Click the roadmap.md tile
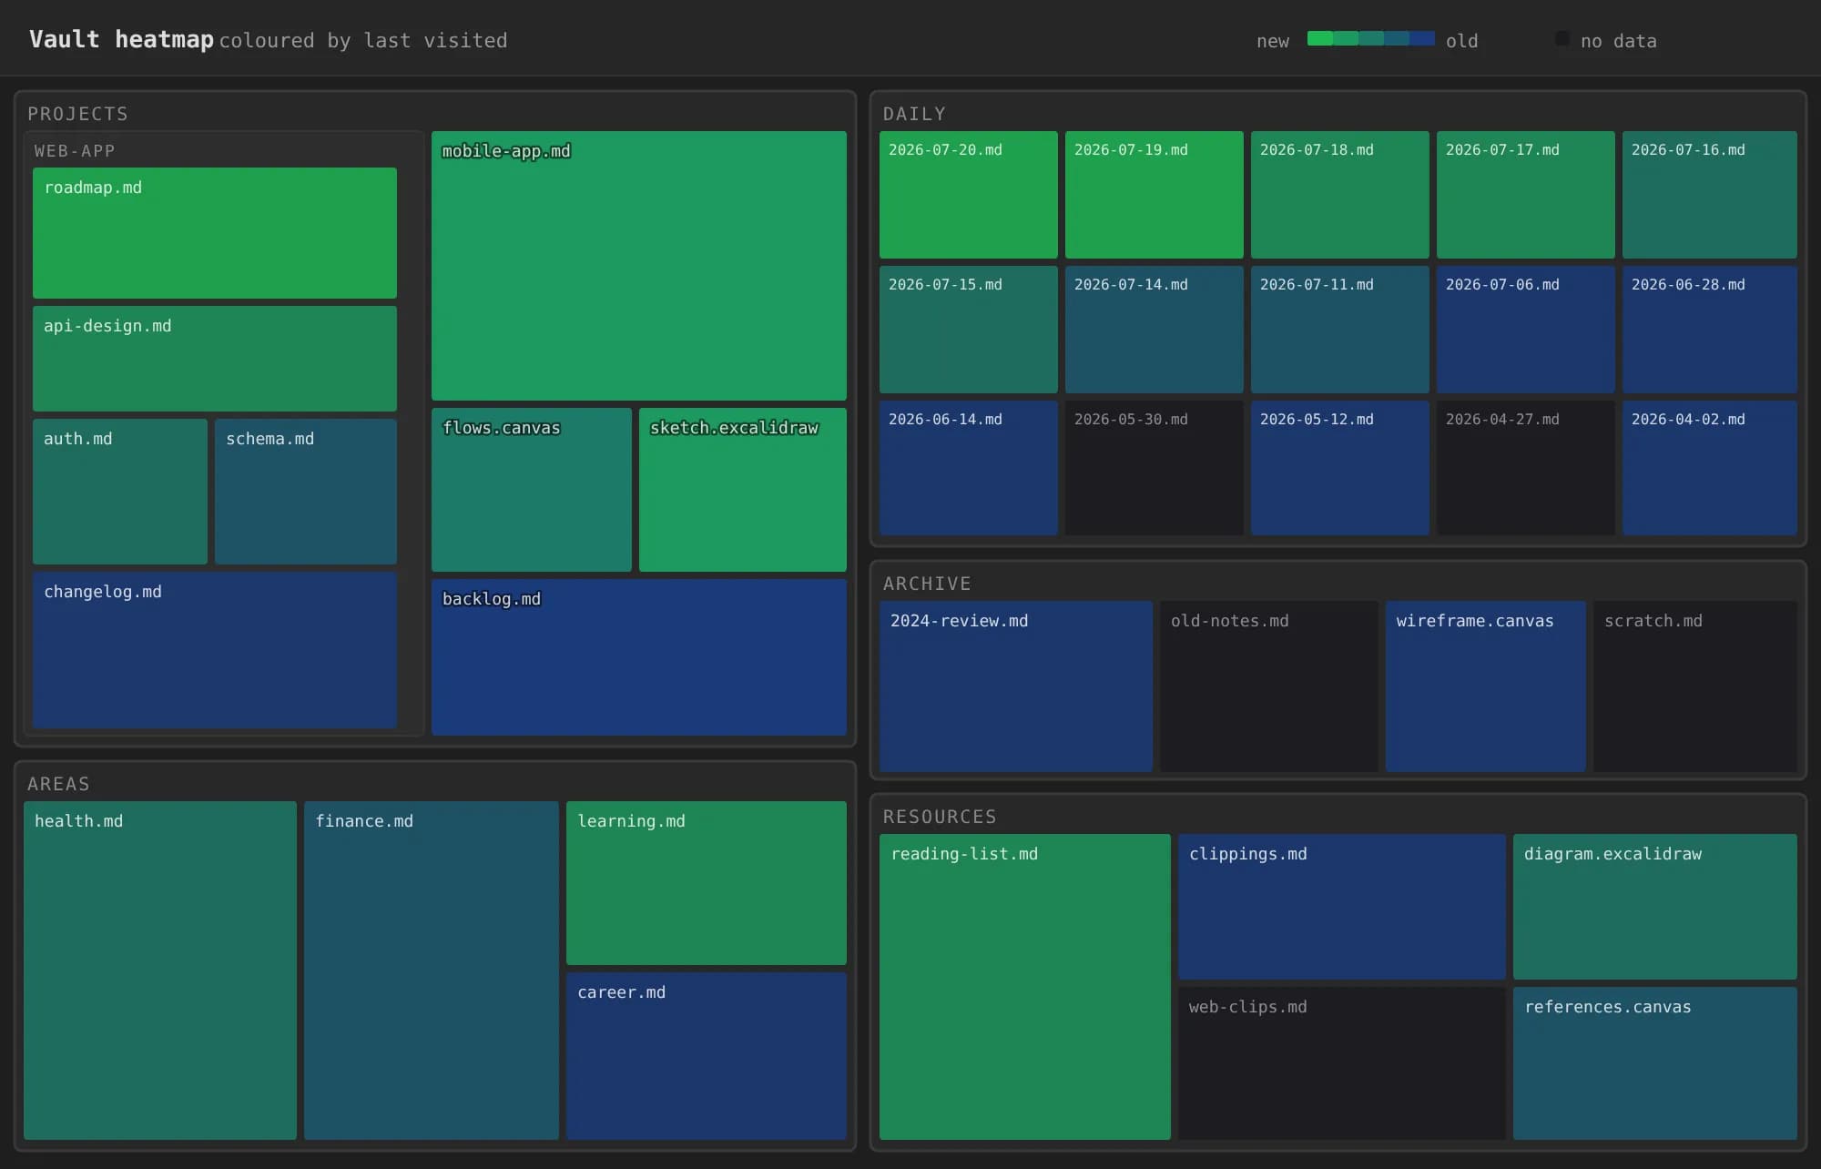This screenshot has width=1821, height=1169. click(215, 233)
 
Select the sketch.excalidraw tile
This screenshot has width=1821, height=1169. click(743, 490)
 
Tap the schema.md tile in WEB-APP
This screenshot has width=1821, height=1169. click(306, 492)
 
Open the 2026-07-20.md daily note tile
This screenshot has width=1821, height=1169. click(969, 195)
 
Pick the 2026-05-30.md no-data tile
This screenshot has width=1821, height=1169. click(1155, 468)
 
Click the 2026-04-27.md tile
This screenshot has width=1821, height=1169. click(1526, 468)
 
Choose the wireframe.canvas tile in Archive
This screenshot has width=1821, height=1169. click(1486, 686)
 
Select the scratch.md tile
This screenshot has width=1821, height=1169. click(1695, 686)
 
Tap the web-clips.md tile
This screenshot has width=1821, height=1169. click(1342, 1063)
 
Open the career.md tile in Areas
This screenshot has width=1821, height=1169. click(707, 1056)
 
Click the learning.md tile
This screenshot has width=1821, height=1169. click(707, 883)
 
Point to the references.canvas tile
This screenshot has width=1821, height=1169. click(1655, 1063)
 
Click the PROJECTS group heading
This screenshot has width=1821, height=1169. click(77, 114)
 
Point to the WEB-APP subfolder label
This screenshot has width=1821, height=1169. click(75, 151)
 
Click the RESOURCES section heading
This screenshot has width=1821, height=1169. click(940, 817)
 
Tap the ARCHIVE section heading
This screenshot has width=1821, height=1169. click(927, 584)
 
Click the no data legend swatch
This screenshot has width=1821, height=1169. click(1562, 38)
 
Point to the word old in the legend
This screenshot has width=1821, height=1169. click(1462, 41)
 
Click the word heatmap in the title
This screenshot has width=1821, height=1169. click(165, 40)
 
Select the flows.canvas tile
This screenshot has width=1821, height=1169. click(532, 490)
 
